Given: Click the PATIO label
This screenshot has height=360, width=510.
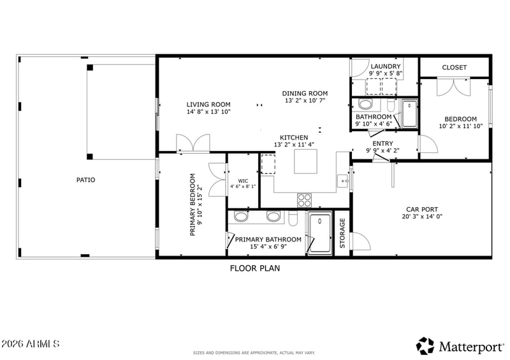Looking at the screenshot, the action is pos(85,180).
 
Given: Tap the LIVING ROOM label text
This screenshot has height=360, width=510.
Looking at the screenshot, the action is pos(208,104).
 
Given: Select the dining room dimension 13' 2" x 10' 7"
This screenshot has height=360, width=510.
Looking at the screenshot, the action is pos(305,101).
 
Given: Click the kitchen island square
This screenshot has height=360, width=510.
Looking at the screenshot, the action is pos(305,161).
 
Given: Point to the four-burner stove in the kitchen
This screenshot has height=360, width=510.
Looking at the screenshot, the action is pos(305,200).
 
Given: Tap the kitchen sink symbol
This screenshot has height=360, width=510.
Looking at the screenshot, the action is pos(343,181).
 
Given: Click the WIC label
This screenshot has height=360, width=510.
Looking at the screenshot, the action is pos(243,181).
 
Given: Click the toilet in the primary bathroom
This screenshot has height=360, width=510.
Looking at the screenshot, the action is pos(293,218).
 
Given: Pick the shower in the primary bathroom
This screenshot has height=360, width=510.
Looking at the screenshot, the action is pos(320,233).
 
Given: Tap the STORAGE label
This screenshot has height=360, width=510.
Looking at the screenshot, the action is pos(342,233).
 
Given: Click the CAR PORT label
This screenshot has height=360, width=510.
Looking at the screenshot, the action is pos(422,210).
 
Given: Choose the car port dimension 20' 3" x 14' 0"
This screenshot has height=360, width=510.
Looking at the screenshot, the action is pos(422,217).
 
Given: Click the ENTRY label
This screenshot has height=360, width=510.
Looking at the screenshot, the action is pos(383,143).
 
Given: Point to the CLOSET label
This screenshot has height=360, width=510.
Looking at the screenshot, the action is pos(455,68).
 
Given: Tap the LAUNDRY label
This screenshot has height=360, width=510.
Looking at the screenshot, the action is pos(386,66).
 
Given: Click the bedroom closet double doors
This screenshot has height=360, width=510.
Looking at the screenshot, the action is pos(453,87).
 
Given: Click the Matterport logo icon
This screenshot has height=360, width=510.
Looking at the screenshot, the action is pos(425,346).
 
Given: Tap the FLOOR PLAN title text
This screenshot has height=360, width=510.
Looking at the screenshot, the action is pos(255,268).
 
